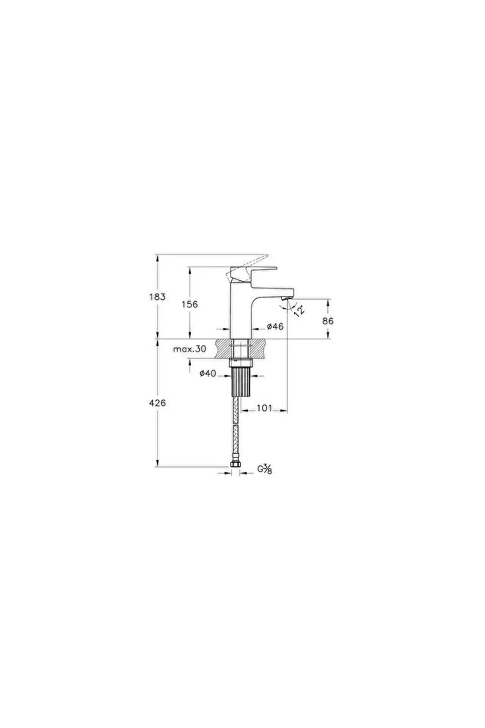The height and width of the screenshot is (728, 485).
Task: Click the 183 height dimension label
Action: tap(157, 296)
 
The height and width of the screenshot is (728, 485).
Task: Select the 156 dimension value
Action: tap(190, 304)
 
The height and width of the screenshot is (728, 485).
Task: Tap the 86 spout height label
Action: tap(328, 321)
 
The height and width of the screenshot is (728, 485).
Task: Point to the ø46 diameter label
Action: tap(275, 326)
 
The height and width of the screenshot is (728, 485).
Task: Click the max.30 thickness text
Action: tap(190, 349)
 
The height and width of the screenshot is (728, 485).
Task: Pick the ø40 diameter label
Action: tap(208, 374)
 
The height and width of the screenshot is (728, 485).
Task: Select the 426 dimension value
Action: tap(157, 403)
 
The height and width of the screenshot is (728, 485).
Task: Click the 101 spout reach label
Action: tap(265, 408)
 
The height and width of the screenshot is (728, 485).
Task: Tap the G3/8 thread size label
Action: tap(265, 469)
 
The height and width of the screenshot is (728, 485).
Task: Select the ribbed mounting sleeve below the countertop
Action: tap(241, 381)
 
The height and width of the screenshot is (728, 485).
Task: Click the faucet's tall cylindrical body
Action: tap(241, 315)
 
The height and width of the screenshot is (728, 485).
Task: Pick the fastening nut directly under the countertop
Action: tap(241, 362)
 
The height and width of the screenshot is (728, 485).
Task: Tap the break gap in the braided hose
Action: tap(236, 424)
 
